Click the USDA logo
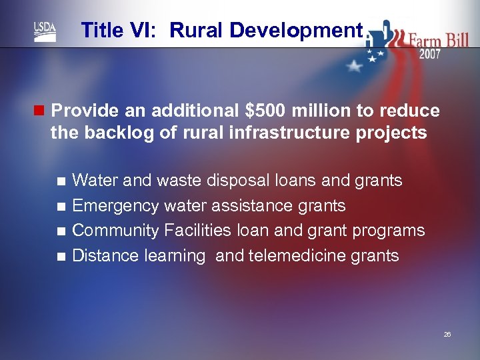point(45,31)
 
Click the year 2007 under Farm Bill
point(429,55)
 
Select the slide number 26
point(447,333)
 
